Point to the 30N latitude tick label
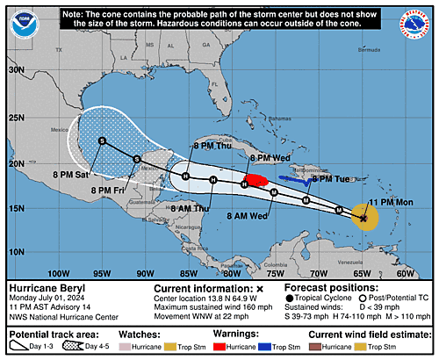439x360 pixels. tap(15, 68)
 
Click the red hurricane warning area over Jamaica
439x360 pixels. tap(255, 182)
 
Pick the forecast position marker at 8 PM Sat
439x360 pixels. tap(102, 140)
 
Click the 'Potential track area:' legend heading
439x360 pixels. tap(52, 335)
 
